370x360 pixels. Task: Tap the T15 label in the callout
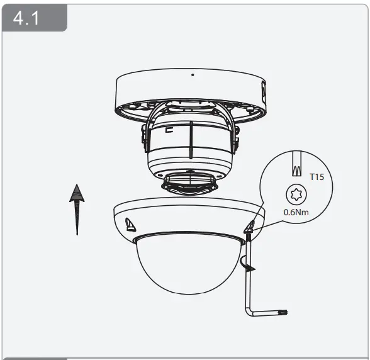(317, 177)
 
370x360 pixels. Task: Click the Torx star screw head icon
(294, 193)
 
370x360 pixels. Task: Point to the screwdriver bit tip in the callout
(294, 168)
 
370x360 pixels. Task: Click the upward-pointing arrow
(77, 208)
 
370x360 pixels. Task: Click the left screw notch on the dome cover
(132, 223)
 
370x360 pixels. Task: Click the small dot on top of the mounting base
(193, 75)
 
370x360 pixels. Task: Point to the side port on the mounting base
(263, 93)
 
